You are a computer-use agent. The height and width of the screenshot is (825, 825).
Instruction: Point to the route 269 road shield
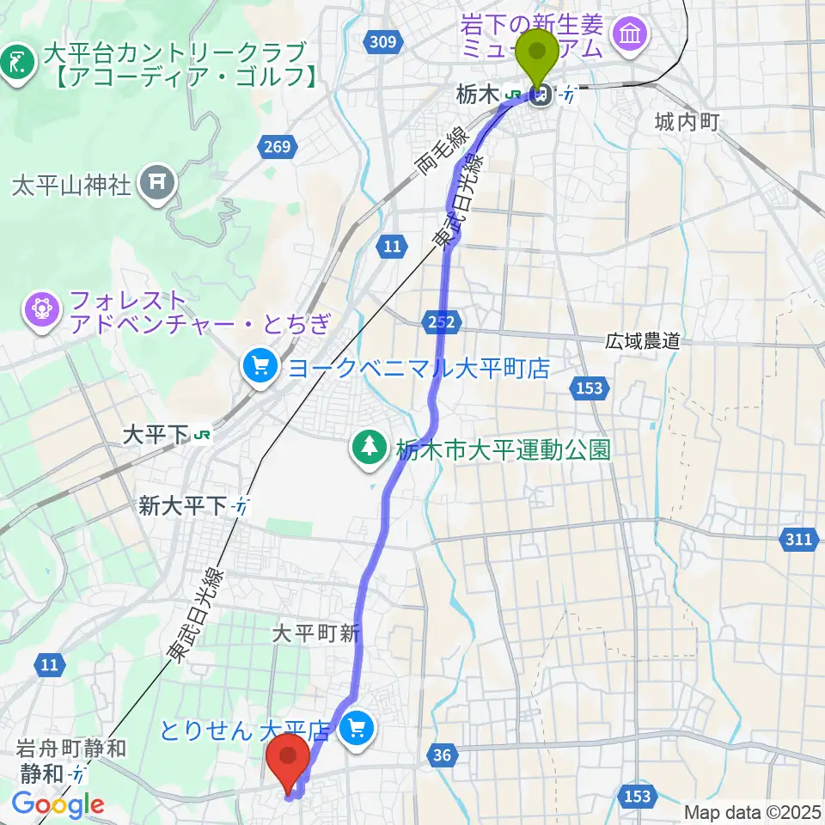click(277, 147)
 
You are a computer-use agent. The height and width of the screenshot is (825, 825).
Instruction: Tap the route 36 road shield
click(442, 755)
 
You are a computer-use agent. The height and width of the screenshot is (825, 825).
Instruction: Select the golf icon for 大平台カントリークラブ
click(15, 61)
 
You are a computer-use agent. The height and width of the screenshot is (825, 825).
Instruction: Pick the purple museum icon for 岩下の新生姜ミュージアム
click(631, 34)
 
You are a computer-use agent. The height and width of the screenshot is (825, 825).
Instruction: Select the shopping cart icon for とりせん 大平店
click(355, 730)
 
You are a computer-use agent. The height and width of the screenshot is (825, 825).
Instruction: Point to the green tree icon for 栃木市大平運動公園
click(370, 445)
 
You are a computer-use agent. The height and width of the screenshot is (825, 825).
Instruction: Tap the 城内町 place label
click(686, 122)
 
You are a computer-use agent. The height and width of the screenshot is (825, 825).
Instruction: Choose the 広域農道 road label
click(642, 341)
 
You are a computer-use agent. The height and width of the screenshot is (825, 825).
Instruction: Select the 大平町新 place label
click(315, 634)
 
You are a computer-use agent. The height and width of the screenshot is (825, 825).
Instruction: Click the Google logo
click(58, 804)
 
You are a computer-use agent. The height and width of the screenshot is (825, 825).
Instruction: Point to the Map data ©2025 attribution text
click(750, 812)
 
